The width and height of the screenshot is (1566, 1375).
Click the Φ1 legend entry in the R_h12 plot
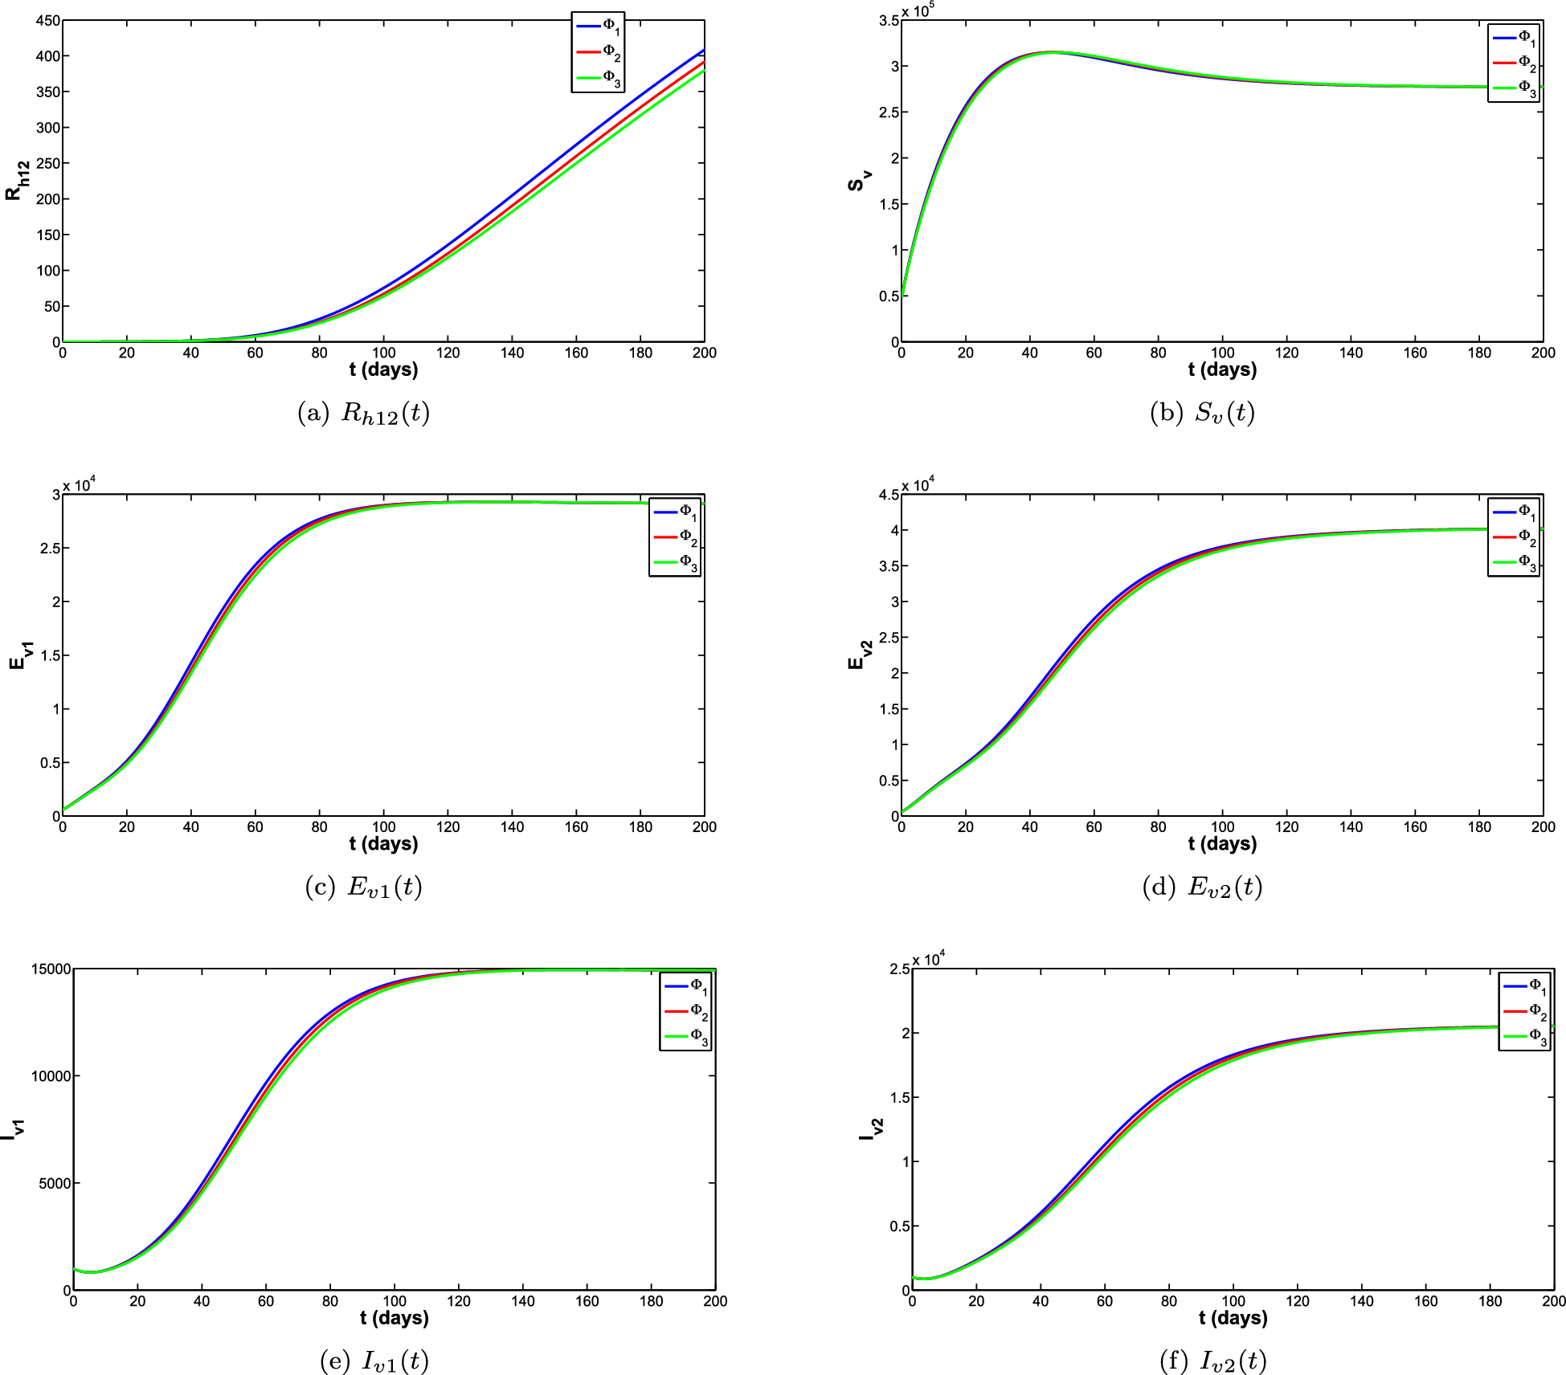[598, 27]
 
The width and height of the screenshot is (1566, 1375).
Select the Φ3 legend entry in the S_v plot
[1514, 88]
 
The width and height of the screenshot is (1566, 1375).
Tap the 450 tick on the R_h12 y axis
[48, 21]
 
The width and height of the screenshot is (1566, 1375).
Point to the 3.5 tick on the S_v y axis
[889, 21]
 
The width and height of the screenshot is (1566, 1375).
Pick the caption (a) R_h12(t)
[363, 413]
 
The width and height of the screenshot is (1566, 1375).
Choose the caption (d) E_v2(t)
[1202, 887]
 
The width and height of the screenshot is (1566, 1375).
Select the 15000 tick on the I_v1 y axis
[51, 969]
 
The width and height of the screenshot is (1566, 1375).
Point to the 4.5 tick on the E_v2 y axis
[889, 495]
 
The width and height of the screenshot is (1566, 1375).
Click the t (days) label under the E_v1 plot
[383, 843]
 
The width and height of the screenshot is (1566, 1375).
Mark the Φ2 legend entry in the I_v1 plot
[685, 1011]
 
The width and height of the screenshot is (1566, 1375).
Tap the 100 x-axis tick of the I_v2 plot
[1233, 1301]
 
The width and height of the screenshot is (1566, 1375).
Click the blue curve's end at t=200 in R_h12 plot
[704, 50]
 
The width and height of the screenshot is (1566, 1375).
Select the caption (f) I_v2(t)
[1213, 1361]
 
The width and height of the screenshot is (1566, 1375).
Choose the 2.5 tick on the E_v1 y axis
[50, 549]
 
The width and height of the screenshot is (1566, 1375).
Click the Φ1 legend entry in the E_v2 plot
[1514, 512]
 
